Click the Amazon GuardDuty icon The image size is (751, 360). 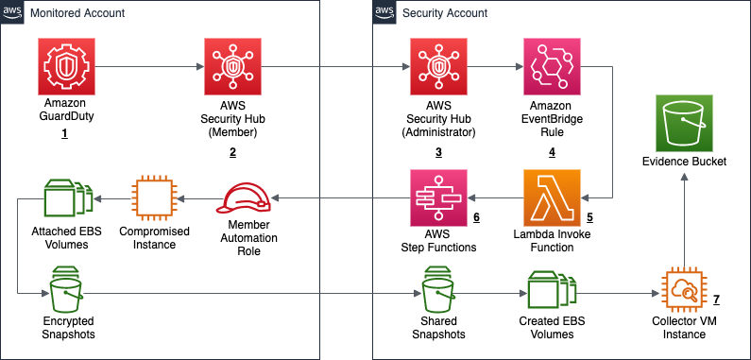click(65, 66)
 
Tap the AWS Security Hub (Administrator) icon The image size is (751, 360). click(438, 66)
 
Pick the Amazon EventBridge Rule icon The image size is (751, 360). click(553, 66)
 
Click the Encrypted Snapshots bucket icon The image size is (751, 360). click(65, 291)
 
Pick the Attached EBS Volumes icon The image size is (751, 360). click(65, 197)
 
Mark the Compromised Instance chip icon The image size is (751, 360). click(153, 197)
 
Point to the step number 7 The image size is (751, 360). click(716, 300)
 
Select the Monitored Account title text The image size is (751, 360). click(77, 13)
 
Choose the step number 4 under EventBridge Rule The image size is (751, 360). click(552, 151)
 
